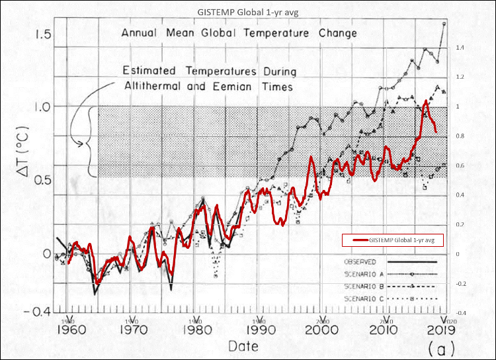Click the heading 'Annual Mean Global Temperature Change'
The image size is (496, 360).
pos(239,32)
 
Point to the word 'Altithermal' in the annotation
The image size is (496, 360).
pos(156,87)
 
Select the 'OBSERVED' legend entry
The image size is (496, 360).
pos(361,262)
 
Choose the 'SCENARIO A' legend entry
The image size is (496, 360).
pos(362,273)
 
